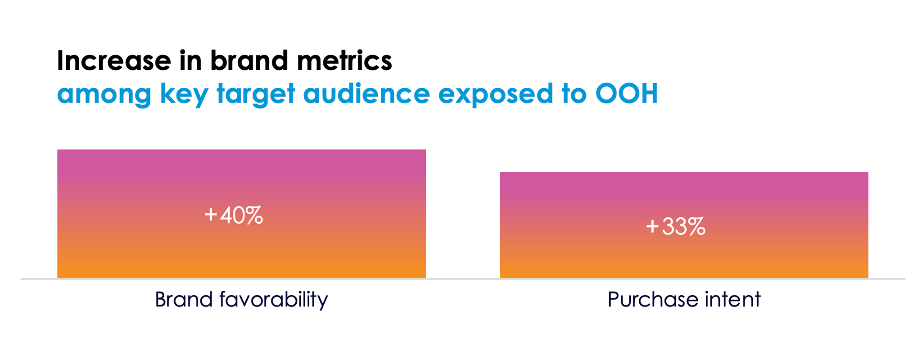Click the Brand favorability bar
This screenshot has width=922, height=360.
(x=241, y=214)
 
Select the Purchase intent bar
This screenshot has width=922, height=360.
(x=684, y=225)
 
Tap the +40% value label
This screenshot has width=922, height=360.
(x=234, y=215)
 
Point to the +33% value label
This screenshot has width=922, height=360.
(x=675, y=226)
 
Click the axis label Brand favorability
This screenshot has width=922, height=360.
(x=241, y=300)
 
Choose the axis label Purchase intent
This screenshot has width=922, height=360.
(x=684, y=300)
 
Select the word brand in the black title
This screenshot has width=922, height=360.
(x=249, y=60)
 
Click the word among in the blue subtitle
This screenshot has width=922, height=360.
(x=104, y=94)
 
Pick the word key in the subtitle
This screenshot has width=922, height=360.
(x=184, y=94)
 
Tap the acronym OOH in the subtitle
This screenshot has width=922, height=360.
(x=627, y=93)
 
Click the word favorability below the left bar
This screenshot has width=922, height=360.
(x=274, y=300)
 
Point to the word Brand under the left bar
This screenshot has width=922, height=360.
(x=184, y=300)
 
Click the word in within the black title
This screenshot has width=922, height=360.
(x=191, y=60)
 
